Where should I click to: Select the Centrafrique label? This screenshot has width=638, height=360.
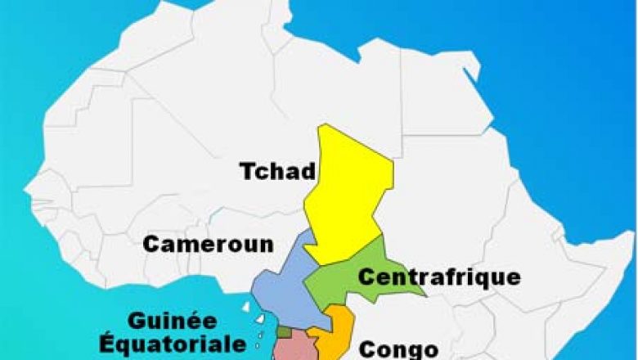pos(439,277)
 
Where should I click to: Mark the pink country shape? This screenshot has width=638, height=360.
pos(293,348)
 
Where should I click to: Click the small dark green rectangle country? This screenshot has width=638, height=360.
pos(284,332)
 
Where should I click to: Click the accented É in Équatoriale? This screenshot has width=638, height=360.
pos(133,341)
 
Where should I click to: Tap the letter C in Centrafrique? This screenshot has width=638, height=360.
pos(367,277)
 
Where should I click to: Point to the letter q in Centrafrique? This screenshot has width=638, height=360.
pos(487,279)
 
